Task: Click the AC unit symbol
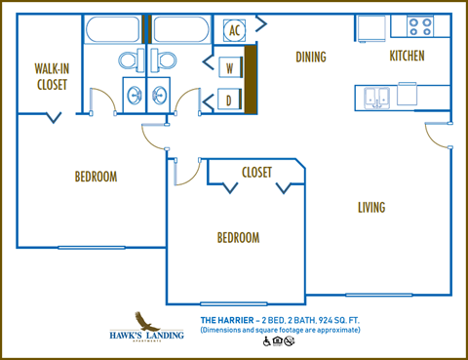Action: [234, 31]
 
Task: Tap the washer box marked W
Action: [229, 68]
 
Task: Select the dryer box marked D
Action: [229, 100]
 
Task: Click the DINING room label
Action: [310, 58]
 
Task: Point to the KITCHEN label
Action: [407, 56]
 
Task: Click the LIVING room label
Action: [370, 207]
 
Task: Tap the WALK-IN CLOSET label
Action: [51, 76]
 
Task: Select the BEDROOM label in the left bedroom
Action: [96, 177]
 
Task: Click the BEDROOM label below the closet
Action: [238, 237]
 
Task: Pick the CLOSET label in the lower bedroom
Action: [256, 173]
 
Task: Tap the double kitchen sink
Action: [377, 97]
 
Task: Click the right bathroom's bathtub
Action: [179, 29]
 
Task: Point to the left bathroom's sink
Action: [133, 95]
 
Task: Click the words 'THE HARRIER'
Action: [226, 320]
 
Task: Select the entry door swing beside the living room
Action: [439, 137]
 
